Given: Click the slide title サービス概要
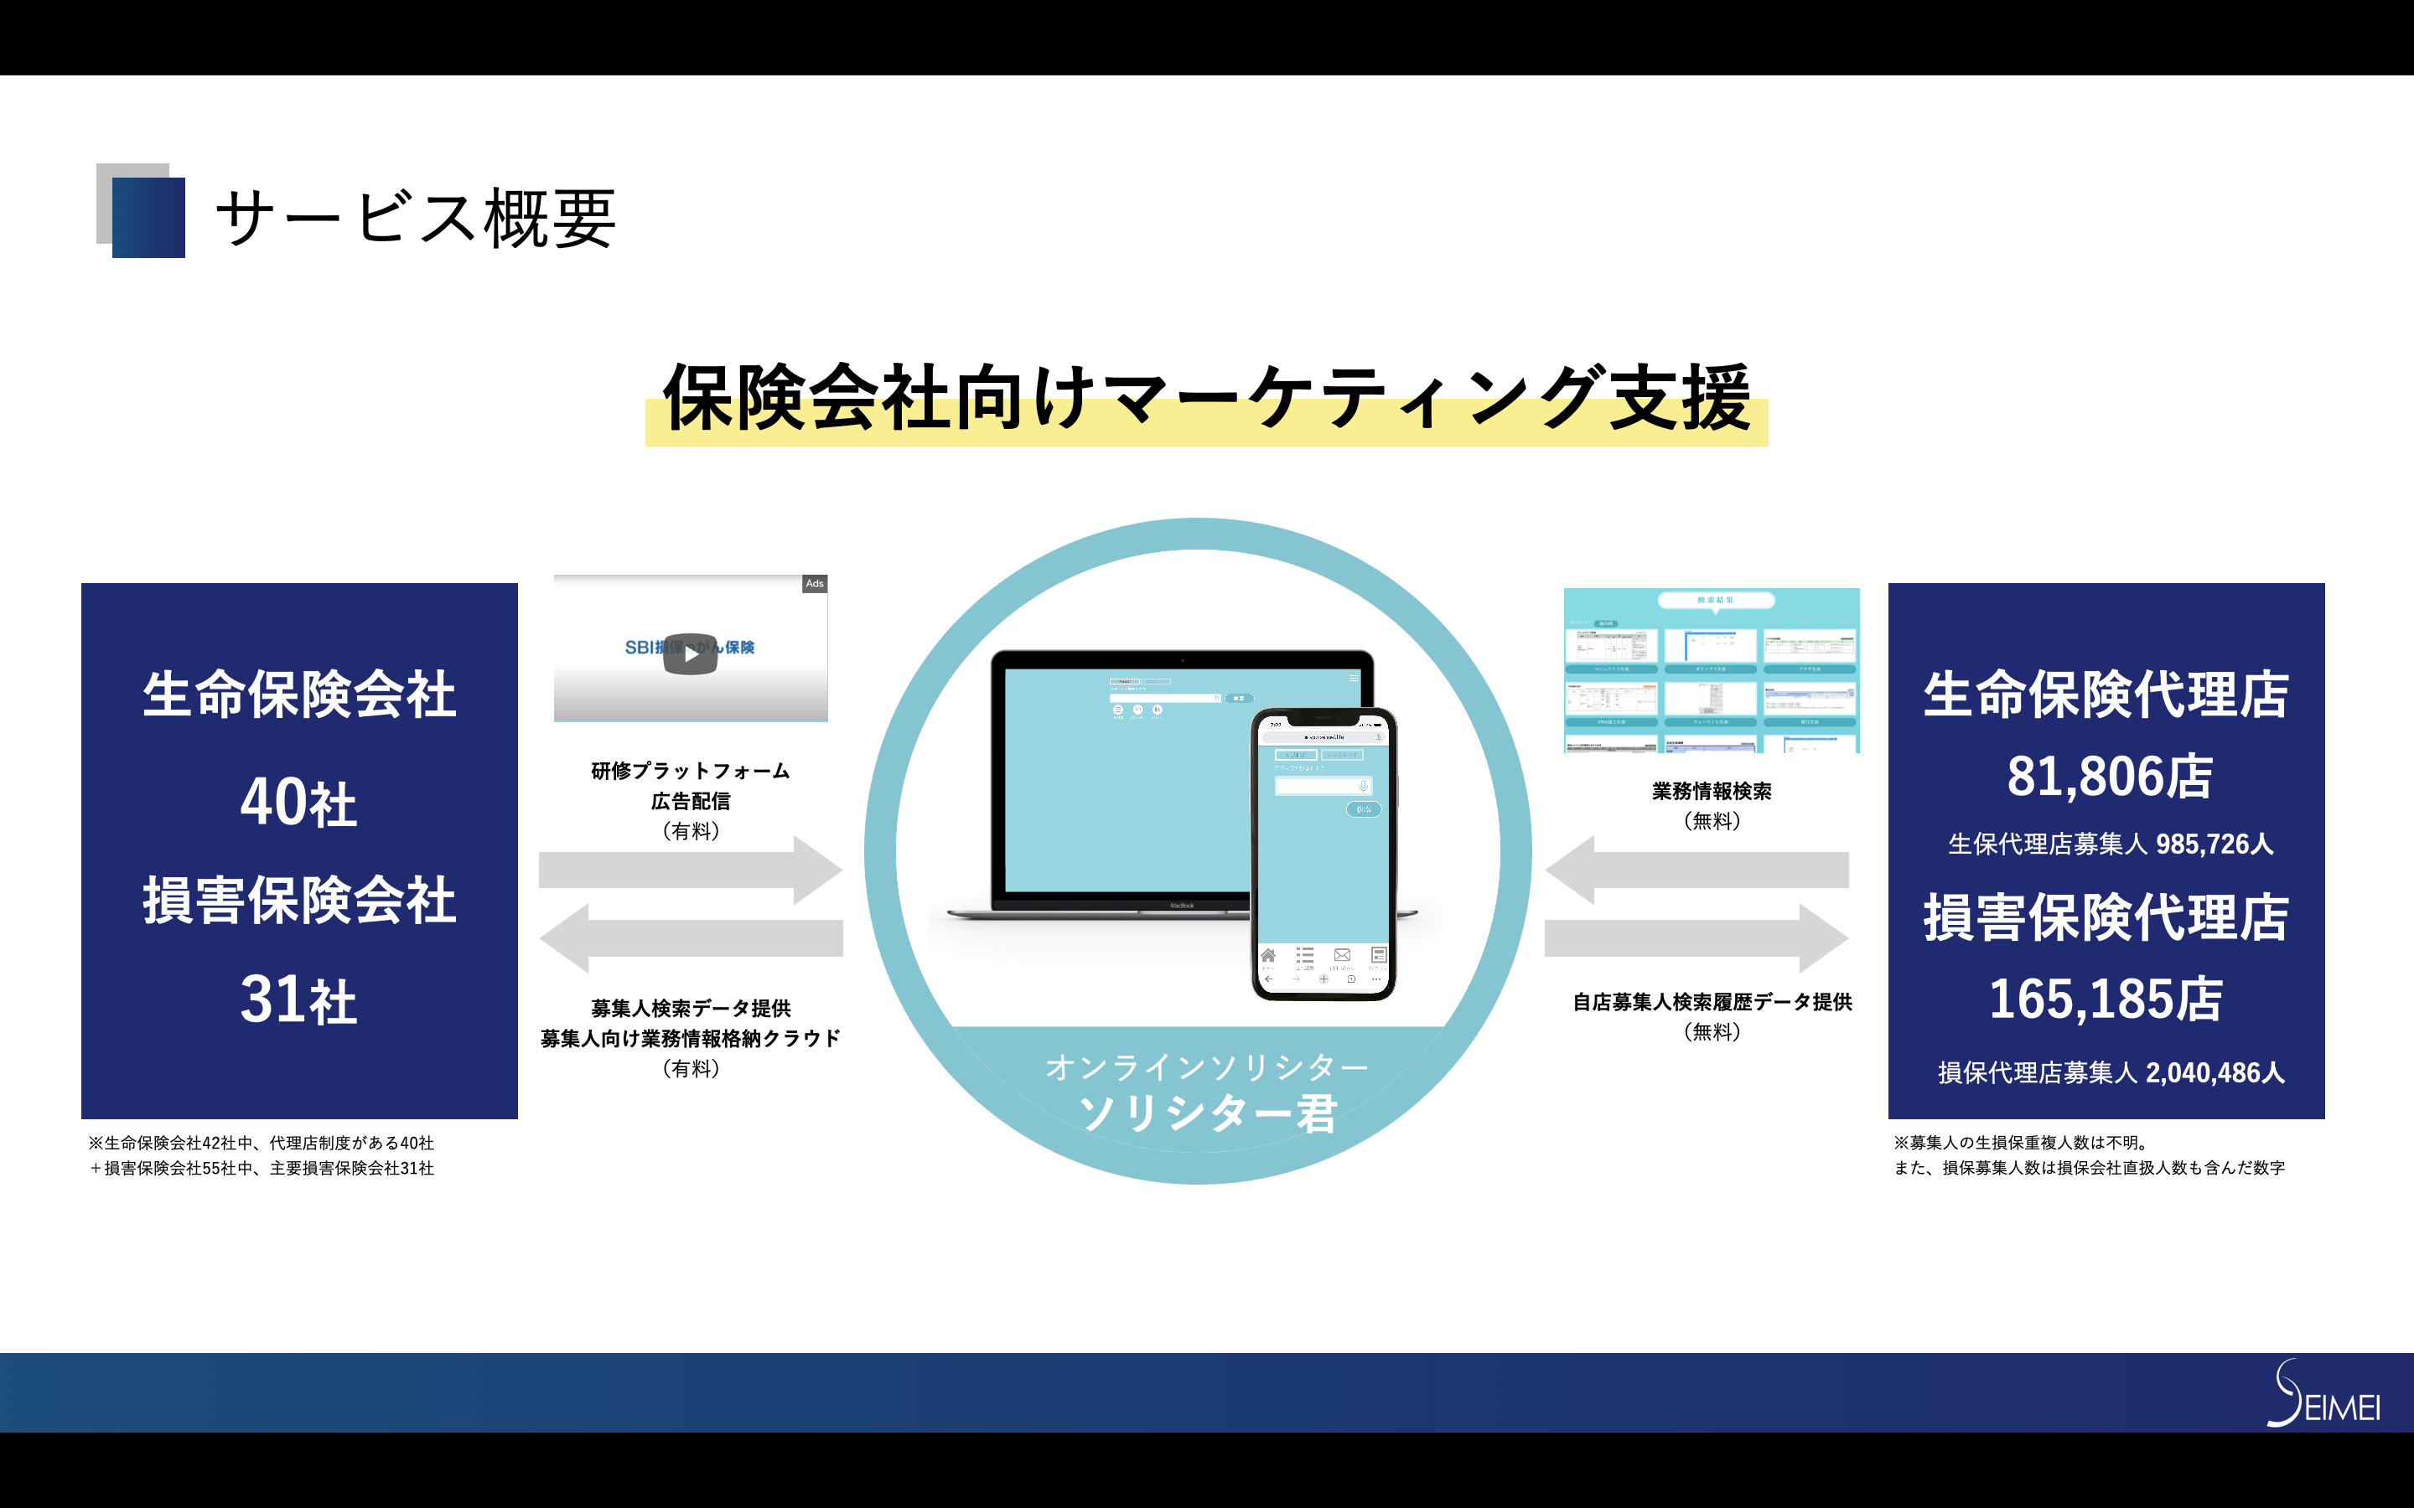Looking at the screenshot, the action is (415, 219).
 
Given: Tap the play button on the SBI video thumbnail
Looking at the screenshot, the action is (691, 654).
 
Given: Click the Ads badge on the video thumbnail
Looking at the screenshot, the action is (814, 583).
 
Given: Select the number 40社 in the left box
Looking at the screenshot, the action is (298, 802).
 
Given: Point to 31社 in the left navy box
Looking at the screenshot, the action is (298, 999).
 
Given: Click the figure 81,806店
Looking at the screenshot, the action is (2109, 777).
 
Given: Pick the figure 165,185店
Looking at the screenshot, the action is (2106, 999).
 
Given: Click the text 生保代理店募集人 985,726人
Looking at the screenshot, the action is (2110, 844).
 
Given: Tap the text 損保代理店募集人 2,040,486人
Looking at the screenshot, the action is (2110, 1072).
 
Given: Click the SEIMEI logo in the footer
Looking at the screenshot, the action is (2324, 1395).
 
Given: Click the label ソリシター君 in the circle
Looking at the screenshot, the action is (1207, 1113).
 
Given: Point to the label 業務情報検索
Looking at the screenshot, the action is (1711, 791).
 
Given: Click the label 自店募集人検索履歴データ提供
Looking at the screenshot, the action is (1712, 1002).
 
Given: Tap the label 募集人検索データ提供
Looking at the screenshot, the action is (691, 1009).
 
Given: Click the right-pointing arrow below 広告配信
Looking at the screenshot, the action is (691, 870).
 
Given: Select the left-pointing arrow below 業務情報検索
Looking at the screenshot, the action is (1696, 870).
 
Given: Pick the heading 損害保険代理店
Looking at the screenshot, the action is (2106, 917).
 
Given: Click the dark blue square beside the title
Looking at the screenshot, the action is (148, 218).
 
